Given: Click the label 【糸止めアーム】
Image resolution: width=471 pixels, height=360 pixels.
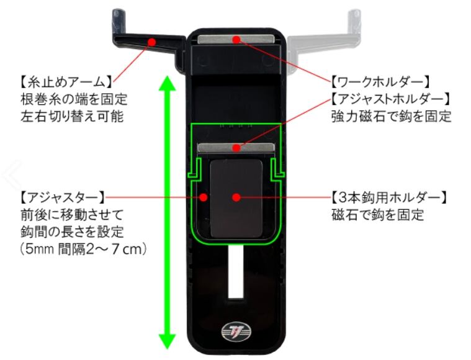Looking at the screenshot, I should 65,81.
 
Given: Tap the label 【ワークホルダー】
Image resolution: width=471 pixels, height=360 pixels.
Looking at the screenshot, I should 380,81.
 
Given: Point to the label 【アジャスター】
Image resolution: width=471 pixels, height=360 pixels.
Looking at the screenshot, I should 60,197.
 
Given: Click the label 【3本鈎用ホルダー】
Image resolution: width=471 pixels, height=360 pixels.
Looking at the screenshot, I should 388,197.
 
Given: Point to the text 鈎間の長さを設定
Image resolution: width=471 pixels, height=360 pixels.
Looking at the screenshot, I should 68,232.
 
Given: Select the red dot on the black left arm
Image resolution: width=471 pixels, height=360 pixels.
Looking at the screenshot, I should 151,41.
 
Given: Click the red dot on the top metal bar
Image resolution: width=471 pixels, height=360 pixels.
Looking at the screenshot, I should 235,40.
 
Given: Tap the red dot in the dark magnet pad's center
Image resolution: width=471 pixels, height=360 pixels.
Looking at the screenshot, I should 235,197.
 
